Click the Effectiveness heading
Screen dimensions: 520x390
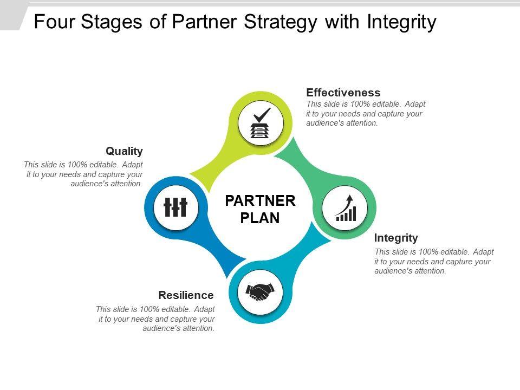343,93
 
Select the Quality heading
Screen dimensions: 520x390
124,151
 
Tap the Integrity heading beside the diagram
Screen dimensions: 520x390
396,238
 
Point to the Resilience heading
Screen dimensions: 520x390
186,295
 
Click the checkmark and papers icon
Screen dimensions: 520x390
261,123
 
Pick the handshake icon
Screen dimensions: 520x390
261,292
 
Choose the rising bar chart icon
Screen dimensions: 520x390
345,208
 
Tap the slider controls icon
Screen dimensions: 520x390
175,207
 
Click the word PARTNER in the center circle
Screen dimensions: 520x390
260,201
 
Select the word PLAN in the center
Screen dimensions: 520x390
260,218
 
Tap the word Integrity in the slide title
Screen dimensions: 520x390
401,22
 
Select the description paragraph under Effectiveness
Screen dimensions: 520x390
366,114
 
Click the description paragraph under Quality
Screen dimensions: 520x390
84,174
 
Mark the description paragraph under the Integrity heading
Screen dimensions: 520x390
434,262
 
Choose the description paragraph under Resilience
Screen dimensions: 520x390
156,318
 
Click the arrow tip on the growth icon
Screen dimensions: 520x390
350,197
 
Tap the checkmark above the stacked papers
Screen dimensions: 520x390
262,115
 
